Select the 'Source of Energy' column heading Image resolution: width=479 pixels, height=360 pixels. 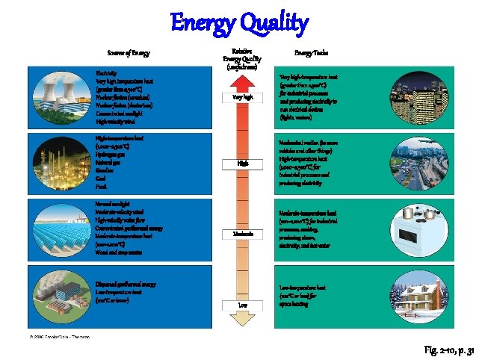point(128,53)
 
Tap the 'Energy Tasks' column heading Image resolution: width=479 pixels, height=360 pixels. point(311,53)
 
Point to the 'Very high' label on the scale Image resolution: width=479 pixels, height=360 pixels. point(243,97)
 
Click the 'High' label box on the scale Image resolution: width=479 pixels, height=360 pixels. point(243,163)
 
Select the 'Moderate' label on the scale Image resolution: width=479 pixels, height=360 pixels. point(243,235)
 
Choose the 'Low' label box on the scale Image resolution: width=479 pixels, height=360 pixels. point(243,305)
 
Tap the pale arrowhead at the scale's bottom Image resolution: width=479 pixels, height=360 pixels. point(243,319)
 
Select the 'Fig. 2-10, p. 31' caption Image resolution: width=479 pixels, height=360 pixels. point(444,350)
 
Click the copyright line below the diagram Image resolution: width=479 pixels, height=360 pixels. point(60,337)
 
